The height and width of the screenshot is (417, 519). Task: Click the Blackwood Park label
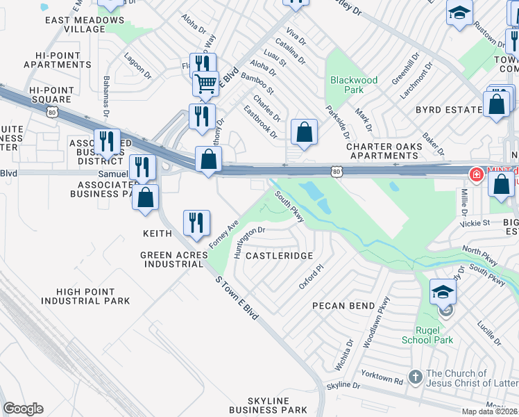(x=354, y=85)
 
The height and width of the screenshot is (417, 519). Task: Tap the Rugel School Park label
(x=427, y=334)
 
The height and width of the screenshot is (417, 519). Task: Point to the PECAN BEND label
(x=344, y=306)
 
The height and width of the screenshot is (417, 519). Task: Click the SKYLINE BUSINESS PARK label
(x=278, y=406)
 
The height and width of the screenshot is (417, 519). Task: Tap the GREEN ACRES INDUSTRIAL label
(x=173, y=259)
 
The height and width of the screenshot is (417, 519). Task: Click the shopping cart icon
(x=206, y=84)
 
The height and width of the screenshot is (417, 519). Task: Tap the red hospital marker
(x=477, y=174)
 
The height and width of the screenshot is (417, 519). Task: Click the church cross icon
(x=415, y=377)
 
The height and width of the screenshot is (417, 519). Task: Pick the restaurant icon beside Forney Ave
(x=196, y=222)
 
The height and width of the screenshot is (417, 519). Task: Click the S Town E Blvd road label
(x=237, y=297)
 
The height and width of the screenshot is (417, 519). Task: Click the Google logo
(x=23, y=409)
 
